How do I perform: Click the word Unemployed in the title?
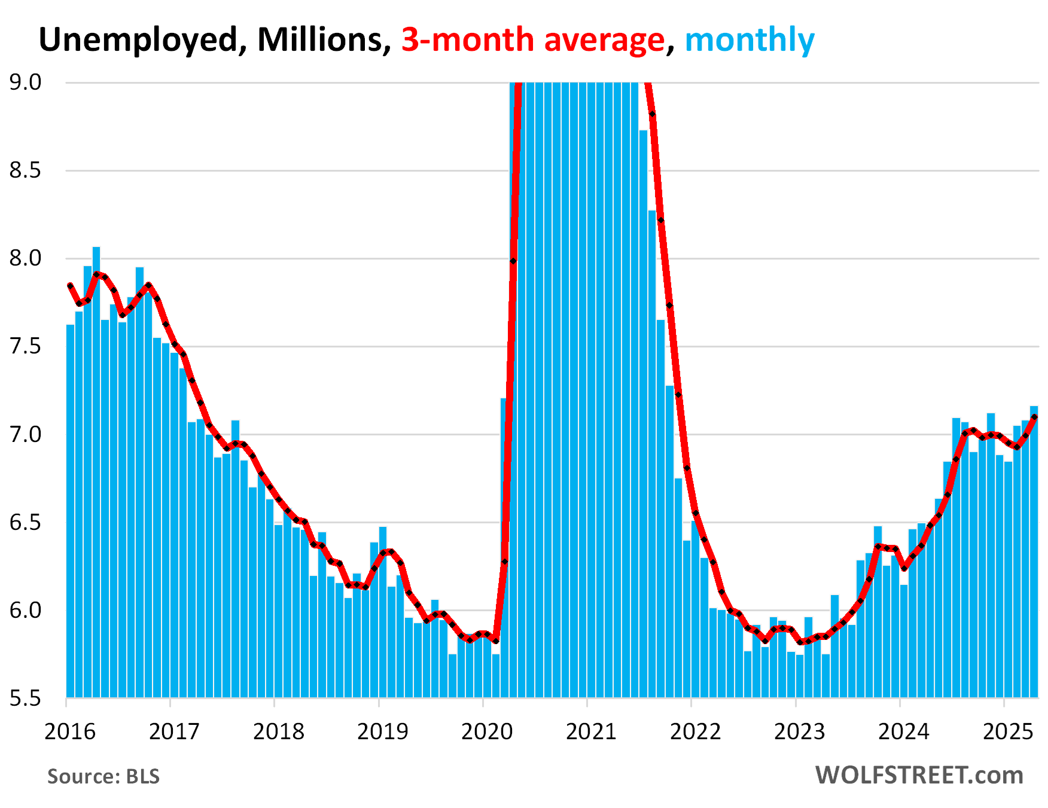tap(139, 40)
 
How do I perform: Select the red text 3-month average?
tap(533, 40)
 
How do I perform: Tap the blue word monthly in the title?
tap(750, 40)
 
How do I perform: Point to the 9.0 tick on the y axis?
tap(25, 83)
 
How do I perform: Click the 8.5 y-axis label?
tap(25, 170)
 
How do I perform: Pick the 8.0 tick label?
tap(25, 258)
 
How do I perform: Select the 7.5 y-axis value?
tap(25, 346)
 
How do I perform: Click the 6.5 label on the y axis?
tap(25, 522)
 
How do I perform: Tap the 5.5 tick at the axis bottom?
tap(25, 698)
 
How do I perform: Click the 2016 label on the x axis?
tap(70, 731)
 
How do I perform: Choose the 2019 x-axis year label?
tap(383, 731)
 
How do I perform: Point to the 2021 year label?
tap(591, 731)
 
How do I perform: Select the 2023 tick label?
tap(799, 731)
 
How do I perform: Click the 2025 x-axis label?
tap(1007, 731)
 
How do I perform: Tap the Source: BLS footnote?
tap(103, 776)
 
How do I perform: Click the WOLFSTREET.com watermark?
tap(919, 775)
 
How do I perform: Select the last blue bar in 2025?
tap(1034, 550)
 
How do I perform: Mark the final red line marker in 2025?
tap(1034, 417)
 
